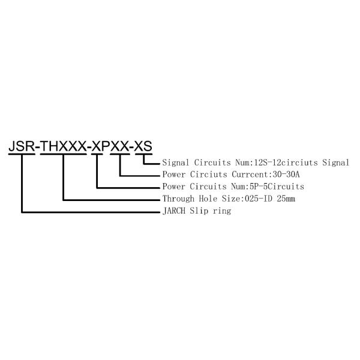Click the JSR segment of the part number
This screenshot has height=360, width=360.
click(x=22, y=146)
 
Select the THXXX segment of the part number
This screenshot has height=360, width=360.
click(x=64, y=146)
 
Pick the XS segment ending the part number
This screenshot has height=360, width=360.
click(x=143, y=146)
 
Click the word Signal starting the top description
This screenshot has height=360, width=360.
click(x=176, y=163)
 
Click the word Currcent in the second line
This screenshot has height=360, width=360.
click(x=250, y=175)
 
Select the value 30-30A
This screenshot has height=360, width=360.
click(x=286, y=175)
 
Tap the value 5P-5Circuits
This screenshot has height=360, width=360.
click(x=277, y=187)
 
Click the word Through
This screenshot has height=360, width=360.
click(x=178, y=199)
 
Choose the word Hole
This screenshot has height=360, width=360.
click(x=208, y=199)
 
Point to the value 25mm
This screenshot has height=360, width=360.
click(x=286, y=199)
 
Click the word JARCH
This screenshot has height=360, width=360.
click(x=174, y=211)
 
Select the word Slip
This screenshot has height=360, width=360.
click(x=199, y=211)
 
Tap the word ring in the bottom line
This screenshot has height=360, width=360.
click(x=222, y=211)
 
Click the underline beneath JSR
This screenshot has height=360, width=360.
click(x=22, y=154)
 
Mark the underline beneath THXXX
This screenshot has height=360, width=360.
click(x=64, y=154)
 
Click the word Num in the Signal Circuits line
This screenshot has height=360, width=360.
click(x=242, y=163)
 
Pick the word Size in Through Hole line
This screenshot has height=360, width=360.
click(x=231, y=199)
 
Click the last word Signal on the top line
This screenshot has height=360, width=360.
click(x=335, y=163)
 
